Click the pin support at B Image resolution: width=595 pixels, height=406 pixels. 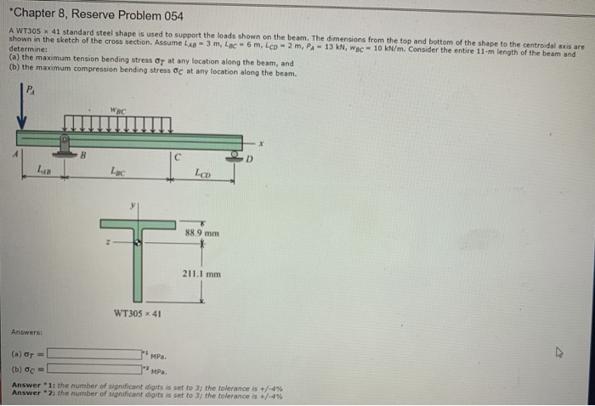point(64,145)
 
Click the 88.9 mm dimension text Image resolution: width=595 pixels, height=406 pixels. point(201,231)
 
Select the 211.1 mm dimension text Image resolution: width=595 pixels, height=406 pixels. point(201,274)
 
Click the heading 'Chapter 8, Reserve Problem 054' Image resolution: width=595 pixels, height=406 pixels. point(85,16)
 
